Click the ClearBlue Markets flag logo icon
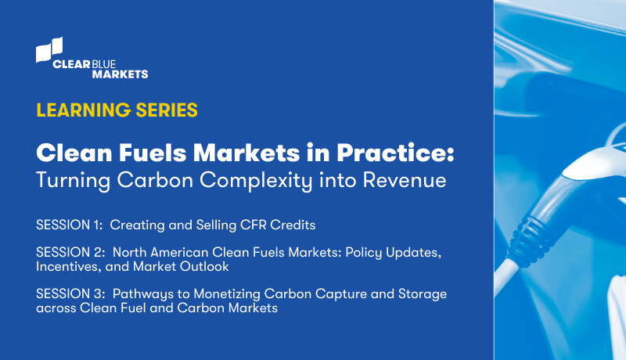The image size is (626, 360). tap(49, 49)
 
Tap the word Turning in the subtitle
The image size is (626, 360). tap(69, 180)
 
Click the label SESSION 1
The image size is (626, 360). tap(69, 225)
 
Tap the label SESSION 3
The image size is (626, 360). tap(70, 294)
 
